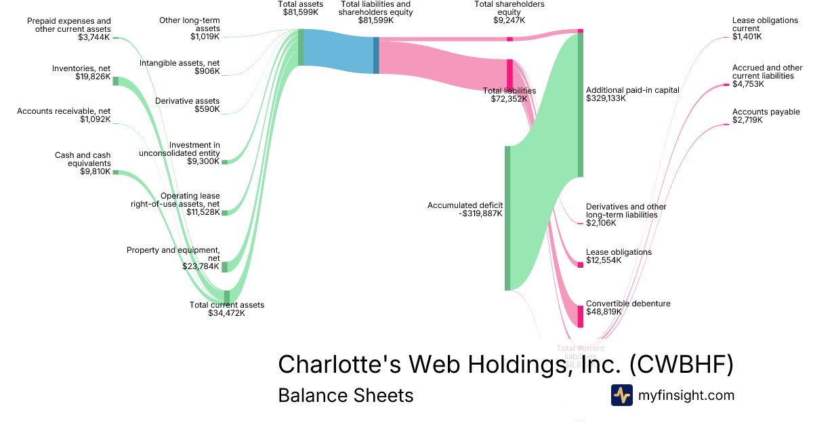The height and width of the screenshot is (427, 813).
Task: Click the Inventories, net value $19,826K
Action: pyautogui.click(x=93, y=77)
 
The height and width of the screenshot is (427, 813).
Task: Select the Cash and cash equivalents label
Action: pyautogui.click(x=83, y=160)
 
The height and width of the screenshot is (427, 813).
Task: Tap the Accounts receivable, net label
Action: pyautogui.click(x=64, y=111)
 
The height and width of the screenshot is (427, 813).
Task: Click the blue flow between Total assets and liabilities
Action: pyautogui.click(x=339, y=52)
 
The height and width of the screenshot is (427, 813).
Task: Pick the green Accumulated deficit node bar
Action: pyautogui.click(x=507, y=218)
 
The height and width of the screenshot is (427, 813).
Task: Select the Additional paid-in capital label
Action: pyautogui.click(x=632, y=90)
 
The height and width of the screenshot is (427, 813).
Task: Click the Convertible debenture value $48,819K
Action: pyautogui.click(x=604, y=312)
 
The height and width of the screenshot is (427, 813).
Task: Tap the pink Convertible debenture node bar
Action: pyautogui.click(x=580, y=316)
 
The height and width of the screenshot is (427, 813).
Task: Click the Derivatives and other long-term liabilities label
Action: pyautogui.click(x=626, y=211)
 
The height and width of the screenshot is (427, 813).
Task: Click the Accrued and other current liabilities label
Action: pyautogui.click(x=767, y=72)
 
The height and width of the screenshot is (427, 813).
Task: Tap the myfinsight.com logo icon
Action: pyautogui.click(x=621, y=395)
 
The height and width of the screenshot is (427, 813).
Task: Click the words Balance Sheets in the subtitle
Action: pyautogui.click(x=346, y=395)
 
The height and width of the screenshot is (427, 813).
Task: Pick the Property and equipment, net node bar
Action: pyautogui.click(x=226, y=266)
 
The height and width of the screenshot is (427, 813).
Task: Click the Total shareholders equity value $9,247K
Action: pyautogui.click(x=509, y=20)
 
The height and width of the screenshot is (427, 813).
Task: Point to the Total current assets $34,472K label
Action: pyautogui.click(x=227, y=309)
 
